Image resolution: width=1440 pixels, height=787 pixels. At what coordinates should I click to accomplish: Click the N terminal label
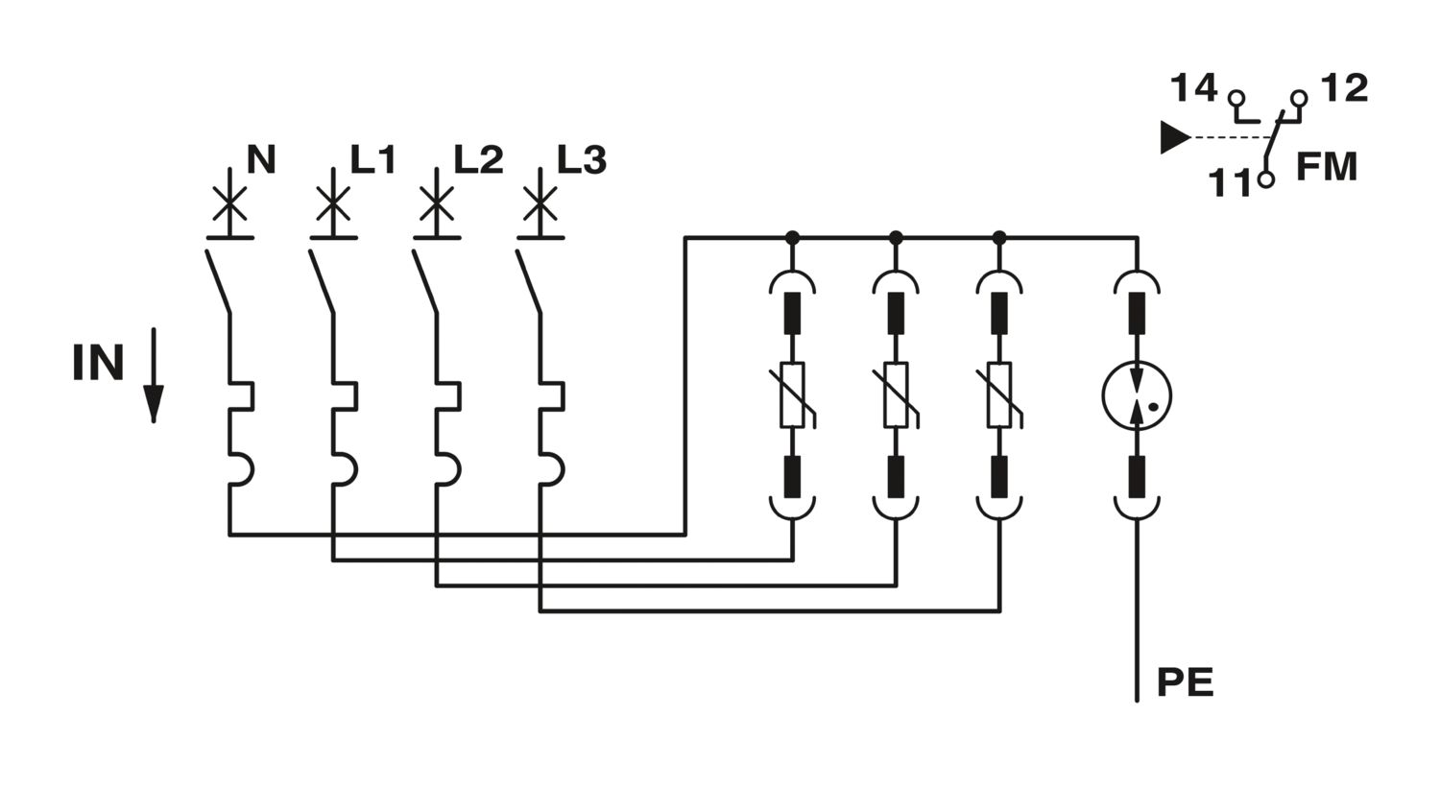(x=262, y=159)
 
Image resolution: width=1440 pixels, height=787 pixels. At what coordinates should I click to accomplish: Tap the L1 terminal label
(x=372, y=159)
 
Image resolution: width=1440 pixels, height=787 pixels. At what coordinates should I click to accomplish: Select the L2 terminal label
(x=478, y=159)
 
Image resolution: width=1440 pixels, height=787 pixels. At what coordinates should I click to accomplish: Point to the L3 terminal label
(x=582, y=160)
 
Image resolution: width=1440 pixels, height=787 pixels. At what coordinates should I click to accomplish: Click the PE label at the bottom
(x=1186, y=682)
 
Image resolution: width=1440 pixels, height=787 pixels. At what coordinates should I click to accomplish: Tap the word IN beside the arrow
(x=98, y=363)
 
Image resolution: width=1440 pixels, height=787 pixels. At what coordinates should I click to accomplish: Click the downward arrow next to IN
(x=154, y=375)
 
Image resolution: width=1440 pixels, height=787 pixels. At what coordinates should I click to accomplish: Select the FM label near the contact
(x=1327, y=167)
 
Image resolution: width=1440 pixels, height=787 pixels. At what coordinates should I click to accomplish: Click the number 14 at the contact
(x=1194, y=88)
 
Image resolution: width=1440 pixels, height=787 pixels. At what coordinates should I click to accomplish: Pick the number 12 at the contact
(x=1345, y=88)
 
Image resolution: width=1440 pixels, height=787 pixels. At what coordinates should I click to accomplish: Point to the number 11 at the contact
(x=1230, y=182)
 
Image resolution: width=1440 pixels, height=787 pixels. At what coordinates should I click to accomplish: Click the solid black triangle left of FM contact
(x=1175, y=137)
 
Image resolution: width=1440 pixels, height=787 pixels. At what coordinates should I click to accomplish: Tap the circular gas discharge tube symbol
(x=1137, y=395)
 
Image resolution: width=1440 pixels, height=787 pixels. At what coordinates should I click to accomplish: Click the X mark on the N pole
(x=230, y=203)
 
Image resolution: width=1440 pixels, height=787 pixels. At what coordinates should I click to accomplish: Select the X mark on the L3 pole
(x=540, y=203)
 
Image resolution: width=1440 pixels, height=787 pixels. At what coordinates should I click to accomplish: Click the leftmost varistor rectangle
(x=792, y=394)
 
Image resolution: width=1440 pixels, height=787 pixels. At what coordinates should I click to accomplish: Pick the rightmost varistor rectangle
(x=999, y=394)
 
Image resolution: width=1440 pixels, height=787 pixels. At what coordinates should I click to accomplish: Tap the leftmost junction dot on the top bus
(x=793, y=238)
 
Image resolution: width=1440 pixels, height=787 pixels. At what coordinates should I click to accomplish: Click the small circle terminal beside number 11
(x=1266, y=179)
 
